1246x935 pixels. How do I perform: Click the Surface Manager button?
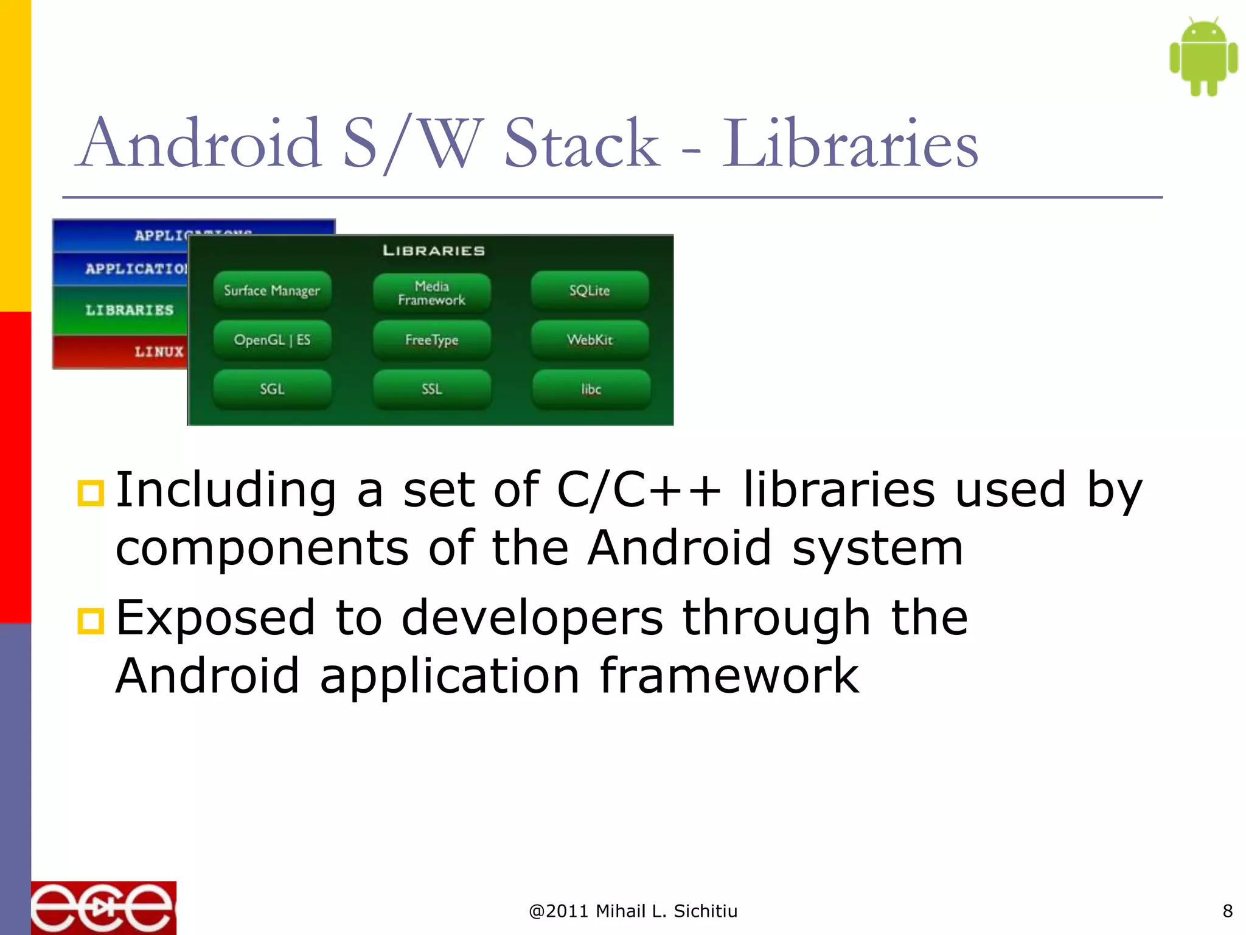[x=272, y=290]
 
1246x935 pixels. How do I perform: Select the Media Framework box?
[x=432, y=293]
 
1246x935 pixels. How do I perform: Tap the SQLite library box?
[x=590, y=290]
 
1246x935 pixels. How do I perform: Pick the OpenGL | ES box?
[x=272, y=340]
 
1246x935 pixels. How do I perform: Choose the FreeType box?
[x=432, y=340]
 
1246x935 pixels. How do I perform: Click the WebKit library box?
[x=590, y=340]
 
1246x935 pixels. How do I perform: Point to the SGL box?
[x=272, y=389]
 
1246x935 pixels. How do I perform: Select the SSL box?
[x=432, y=389]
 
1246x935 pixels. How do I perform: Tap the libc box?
[x=591, y=389]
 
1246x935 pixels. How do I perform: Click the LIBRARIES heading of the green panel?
[x=434, y=251]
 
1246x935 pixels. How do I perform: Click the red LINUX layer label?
[x=158, y=352]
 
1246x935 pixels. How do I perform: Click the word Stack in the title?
[x=582, y=144]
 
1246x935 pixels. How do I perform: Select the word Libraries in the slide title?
[x=850, y=144]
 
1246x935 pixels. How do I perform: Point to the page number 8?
[x=1227, y=911]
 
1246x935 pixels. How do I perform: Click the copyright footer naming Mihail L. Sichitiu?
[x=633, y=911]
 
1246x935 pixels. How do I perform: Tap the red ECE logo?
[x=103, y=908]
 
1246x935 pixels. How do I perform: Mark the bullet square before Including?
[x=91, y=493]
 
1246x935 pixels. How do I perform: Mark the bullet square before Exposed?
[x=91, y=621]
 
